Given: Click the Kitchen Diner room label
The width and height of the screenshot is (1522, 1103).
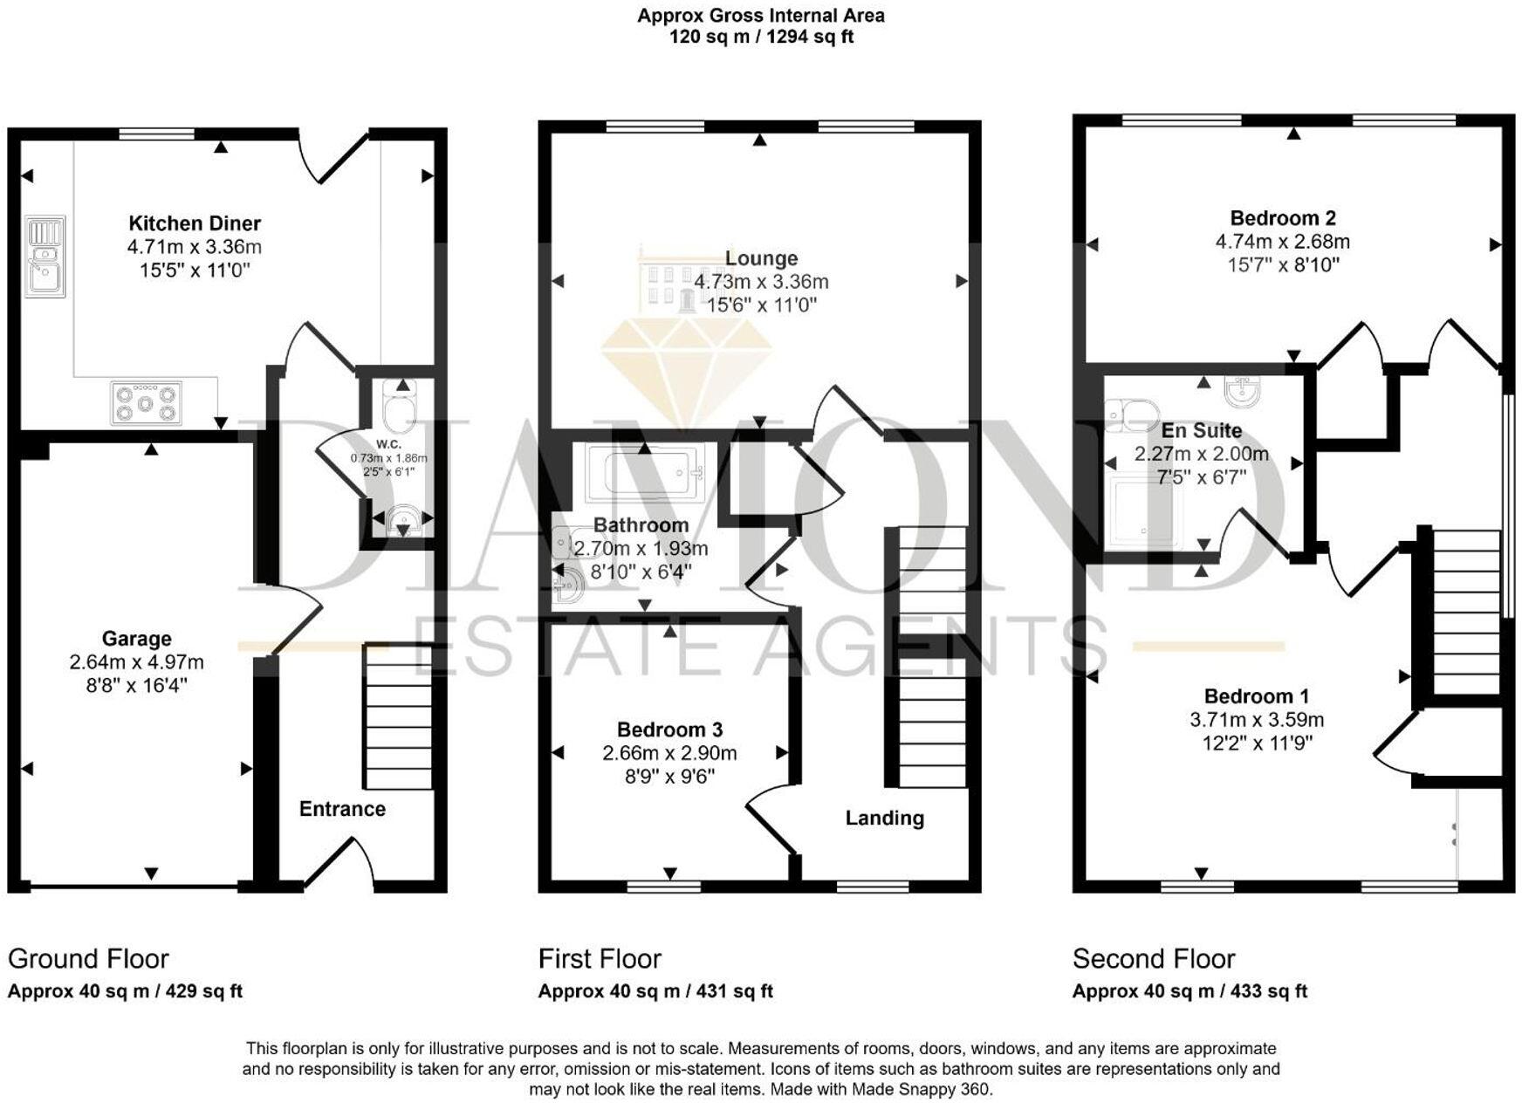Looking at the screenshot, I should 195,223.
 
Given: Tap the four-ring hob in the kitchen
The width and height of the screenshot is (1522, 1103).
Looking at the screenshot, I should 147,403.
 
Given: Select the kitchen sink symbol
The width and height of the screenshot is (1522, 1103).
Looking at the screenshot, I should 45,257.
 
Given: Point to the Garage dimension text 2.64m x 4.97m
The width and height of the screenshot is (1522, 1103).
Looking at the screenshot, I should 137,662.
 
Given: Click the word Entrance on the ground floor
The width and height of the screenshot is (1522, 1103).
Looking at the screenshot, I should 342,809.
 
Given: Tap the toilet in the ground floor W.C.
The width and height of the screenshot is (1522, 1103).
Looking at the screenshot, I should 401,409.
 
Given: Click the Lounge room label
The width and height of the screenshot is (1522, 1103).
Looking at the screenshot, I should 761,258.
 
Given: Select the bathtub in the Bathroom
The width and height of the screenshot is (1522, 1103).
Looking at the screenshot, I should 644,472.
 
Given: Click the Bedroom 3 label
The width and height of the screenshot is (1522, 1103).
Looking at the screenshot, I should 669,730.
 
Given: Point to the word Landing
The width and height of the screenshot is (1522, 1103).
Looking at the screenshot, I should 884,818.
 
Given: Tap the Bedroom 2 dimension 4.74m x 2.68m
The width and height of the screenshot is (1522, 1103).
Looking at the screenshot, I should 1282,242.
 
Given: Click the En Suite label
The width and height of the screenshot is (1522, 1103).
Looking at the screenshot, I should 1201,430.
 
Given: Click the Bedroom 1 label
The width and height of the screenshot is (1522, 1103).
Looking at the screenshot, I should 1256,696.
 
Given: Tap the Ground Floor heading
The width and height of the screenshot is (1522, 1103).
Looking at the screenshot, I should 88,958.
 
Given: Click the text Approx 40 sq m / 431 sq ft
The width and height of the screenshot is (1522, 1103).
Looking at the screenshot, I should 655,991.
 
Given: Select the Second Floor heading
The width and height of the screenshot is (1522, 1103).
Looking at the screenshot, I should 1153,959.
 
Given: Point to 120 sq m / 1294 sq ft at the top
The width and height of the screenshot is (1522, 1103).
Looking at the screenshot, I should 761,38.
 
